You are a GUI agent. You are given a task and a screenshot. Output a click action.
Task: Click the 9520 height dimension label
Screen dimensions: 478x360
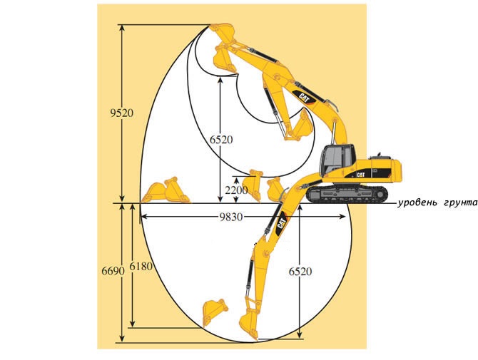pos(122,113)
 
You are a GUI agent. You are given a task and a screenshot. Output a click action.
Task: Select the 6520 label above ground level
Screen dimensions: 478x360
pos(221,140)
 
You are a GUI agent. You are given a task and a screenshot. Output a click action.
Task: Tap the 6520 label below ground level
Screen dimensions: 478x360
pos(300,272)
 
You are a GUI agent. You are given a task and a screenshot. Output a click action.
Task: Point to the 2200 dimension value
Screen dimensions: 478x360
pos(237,190)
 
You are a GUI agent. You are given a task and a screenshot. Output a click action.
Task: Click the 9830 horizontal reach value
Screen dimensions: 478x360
pos(231,217)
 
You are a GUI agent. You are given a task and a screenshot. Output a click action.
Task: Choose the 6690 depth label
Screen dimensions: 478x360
pos(113,270)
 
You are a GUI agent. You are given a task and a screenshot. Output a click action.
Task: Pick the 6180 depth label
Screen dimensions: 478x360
pos(141,267)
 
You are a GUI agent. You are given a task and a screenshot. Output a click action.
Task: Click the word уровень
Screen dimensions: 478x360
pos(417,203)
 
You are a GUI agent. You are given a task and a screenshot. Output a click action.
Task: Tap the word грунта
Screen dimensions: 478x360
pos(460,203)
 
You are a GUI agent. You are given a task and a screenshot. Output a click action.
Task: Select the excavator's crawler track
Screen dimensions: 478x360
pos(347,194)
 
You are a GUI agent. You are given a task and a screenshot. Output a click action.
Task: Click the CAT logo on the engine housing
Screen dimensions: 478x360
pos(361,175)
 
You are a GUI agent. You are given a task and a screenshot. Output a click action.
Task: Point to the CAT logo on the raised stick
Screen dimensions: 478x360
pos(305,98)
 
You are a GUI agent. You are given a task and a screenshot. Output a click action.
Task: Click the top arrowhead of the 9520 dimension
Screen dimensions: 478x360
pos(122,28)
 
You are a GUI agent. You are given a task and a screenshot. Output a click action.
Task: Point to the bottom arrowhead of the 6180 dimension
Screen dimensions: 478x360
pos(133,324)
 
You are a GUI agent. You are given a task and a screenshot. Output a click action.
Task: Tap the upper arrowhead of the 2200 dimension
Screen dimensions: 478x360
pos(236,180)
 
